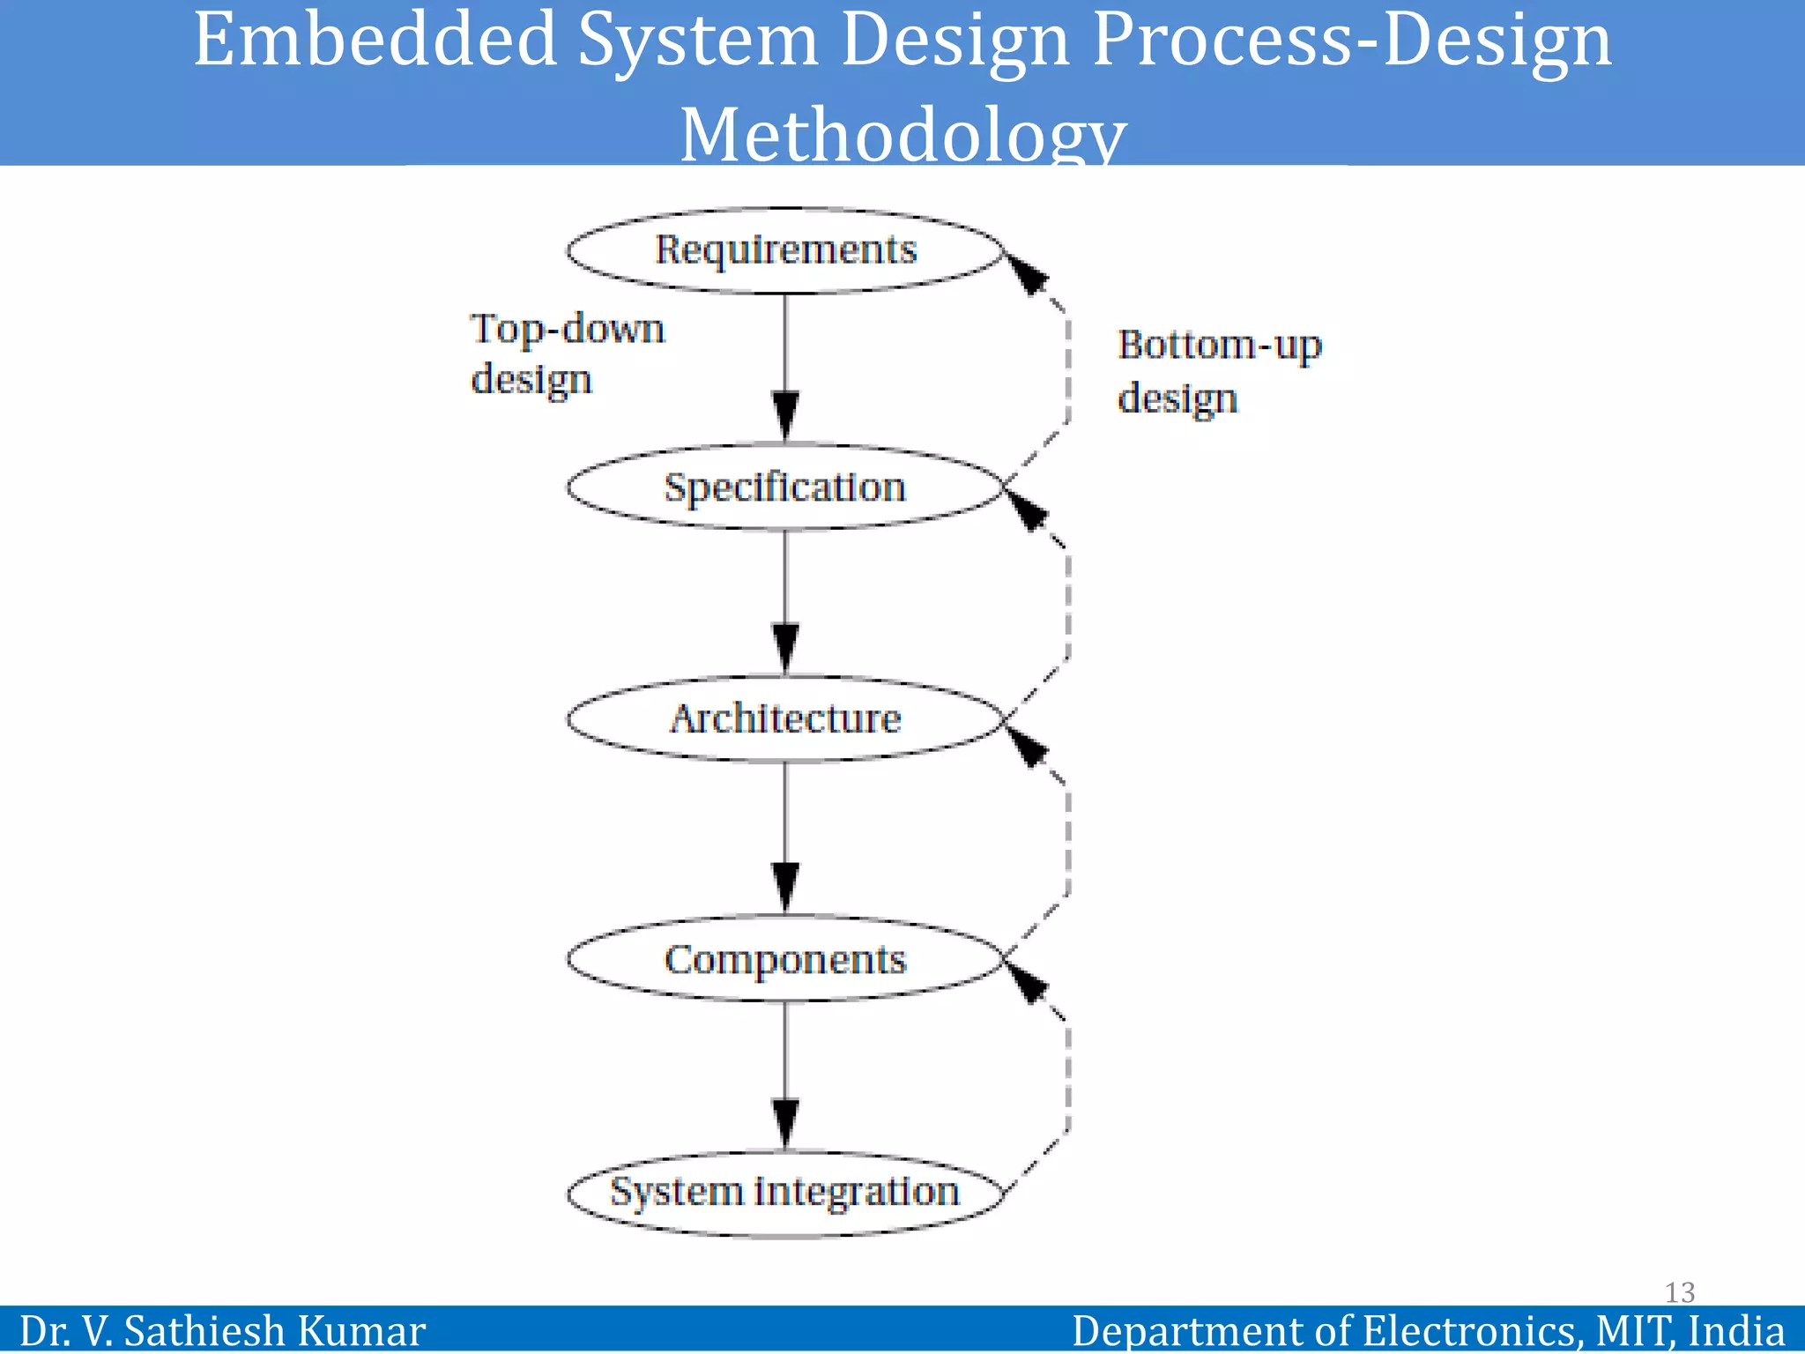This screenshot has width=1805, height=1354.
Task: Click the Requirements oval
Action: pos(785,250)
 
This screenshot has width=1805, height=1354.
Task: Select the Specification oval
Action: pos(785,487)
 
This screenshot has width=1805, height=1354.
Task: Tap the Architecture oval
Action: pos(785,719)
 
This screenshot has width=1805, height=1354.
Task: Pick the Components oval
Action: pos(785,959)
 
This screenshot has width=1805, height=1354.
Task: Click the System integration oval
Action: pos(785,1193)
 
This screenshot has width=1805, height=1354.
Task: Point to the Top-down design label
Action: pos(566,353)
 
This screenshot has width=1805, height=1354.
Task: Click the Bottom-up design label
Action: pos(1219,371)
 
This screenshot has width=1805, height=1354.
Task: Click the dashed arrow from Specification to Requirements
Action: pos(1067,370)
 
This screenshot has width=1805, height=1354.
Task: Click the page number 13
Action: pos(1679,1292)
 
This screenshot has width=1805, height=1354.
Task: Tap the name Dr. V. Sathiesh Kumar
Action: pos(222,1330)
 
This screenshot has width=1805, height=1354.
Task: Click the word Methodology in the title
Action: pos(902,135)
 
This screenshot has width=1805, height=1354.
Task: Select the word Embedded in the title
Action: pos(375,41)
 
